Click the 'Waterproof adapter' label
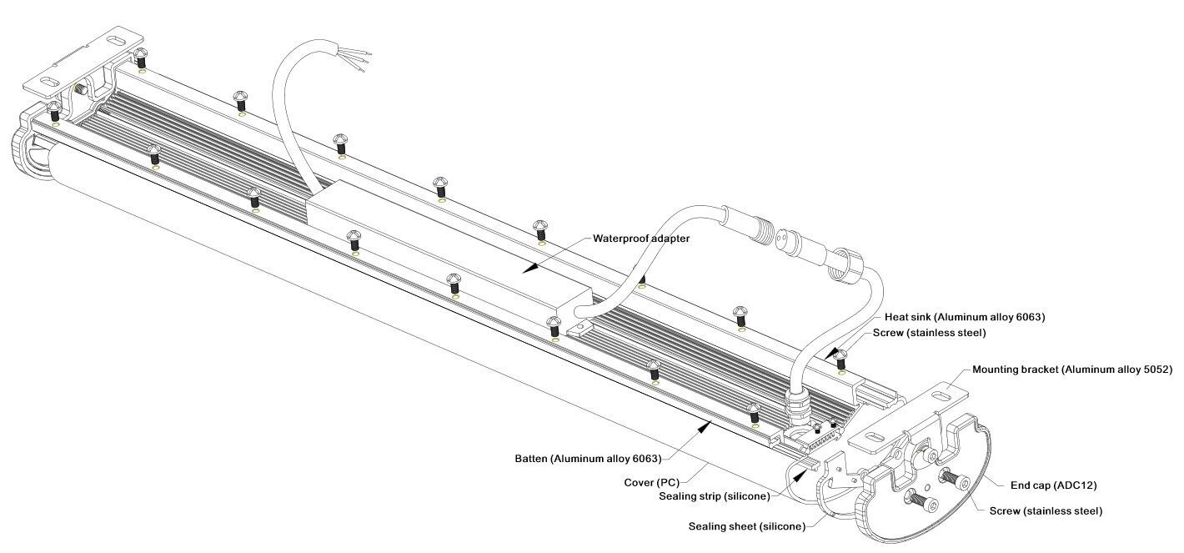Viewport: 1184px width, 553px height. [641, 239]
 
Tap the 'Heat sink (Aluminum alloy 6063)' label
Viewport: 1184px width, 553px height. [965, 318]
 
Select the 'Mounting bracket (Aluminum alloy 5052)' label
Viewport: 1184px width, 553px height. [1072, 369]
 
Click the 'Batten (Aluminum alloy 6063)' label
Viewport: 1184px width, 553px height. [588, 459]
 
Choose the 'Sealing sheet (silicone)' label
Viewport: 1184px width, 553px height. [746, 526]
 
